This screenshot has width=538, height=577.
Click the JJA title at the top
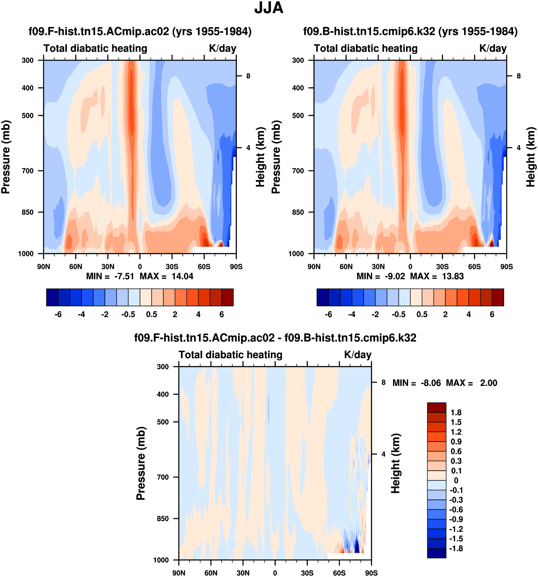pos(269,8)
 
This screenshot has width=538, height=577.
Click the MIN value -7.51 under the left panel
pos(124,276)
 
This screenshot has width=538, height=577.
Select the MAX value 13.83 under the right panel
pos(453,276)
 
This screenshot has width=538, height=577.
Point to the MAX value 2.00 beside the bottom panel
pos(488,383)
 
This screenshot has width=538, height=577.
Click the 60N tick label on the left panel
pos(75,266)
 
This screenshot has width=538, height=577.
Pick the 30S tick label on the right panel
pos(442,266)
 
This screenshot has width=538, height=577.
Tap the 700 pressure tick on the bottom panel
pos(163,477)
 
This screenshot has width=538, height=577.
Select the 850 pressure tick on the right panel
pos(298,212)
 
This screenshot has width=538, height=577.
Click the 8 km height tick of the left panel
pos(248,76)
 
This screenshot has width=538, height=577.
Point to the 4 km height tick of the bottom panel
pos(383,454)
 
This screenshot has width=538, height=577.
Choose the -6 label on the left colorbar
pos(58,314)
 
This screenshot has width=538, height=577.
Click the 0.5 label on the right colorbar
pos(422,314)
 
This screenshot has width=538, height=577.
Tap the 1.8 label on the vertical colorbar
pos(456,413)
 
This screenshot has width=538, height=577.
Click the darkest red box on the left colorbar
pos(227,297)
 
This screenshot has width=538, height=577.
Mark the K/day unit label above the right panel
pos(493,48)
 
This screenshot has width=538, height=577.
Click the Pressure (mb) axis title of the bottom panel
pos(141,463)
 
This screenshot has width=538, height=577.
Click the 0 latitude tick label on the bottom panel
pos(275,573)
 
